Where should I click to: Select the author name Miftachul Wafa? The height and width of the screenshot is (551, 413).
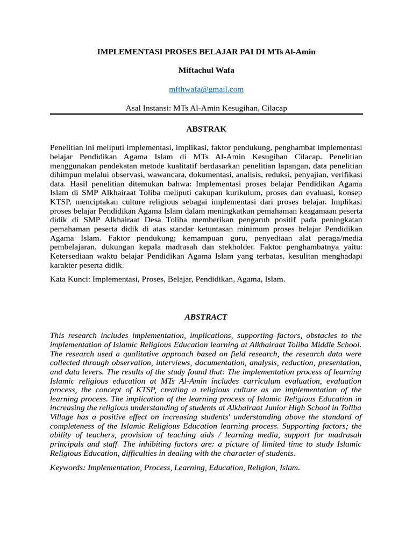tap(206, 70)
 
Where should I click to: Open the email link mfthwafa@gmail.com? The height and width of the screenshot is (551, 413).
tap(206, 89)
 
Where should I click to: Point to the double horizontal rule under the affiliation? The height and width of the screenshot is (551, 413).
tap(206, 114)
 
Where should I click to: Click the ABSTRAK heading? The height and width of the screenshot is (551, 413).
tap(206, 129)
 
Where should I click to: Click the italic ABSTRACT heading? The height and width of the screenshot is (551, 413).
tap(206, 317)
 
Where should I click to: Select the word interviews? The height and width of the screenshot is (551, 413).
tap(168, 363)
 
